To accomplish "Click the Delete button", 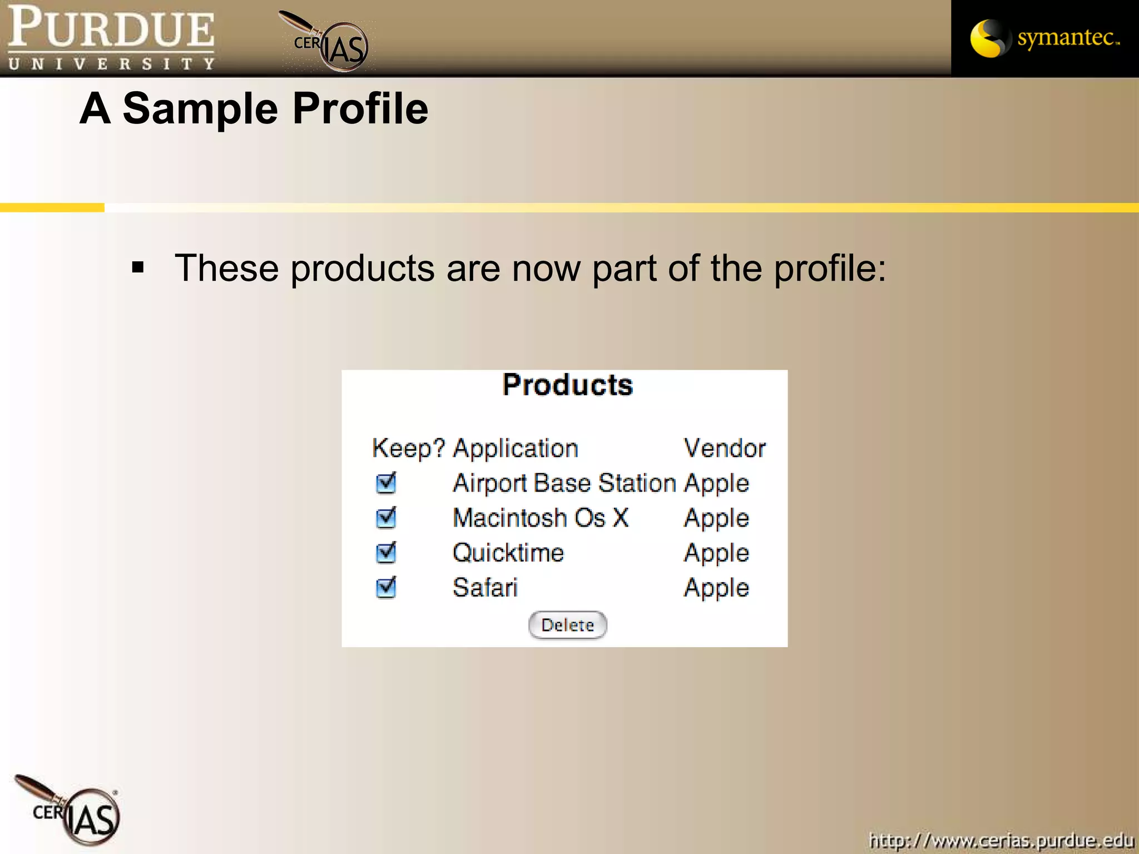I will pyautogui.click(x=567, y=625).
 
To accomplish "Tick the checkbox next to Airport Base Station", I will pyautogui.click(x=385, y=483).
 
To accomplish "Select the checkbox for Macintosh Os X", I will pyautogui.click(x=385, y=518).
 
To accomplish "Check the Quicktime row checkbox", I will pyautogui.click(x=385, y=553).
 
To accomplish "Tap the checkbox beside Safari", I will pyautogui.click(x=385, y=587).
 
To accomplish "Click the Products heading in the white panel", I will pyautogui.click(x=567, y=385).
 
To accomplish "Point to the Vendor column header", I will pyautogui.click(x=724, y=448).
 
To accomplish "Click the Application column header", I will pyautogui.click(x=516, y=448).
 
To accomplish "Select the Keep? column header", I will pyautogui.click(x=408, y=448).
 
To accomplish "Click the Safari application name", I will pyautogui.click(x=485, y=588).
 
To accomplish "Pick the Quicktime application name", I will pyautogui.click(x=508, y=553).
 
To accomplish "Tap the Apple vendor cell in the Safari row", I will pyautogui.click(x=716, y=588).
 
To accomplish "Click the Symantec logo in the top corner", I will pyautogui.click(x=1044, y=38).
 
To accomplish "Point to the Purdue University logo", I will pyautogui.click(x=111, y=38).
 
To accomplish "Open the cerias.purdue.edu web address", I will pyautogui.click(x=1001, y=840).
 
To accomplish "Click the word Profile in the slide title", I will pyautogui.click(x=360, y=108).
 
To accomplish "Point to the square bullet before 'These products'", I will pyautogui.click(x=138, y=268).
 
